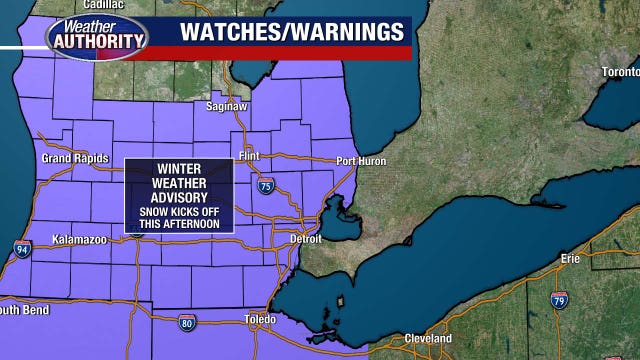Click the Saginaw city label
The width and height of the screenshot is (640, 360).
(x=254, y=105)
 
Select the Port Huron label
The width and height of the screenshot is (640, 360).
(x=361, y=161)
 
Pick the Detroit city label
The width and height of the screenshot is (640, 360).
(x=305, y=239)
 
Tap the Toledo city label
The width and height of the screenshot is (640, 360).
(x=260, y=320)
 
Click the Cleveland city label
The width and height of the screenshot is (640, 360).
(x=428, y=338)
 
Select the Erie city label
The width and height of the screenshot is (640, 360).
(x=571, y=258)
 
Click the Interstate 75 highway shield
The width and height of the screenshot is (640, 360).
(x=265, y=187)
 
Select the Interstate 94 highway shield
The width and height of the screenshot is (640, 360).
(x=22, y=247)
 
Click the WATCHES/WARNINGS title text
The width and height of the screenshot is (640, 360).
(x=291, y=30)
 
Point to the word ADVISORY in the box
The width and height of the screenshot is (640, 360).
(x=180, y=199)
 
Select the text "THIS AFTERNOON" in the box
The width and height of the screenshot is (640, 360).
(x=180, y=223)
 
